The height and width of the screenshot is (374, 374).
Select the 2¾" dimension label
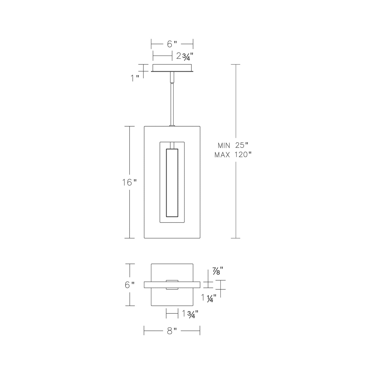tap(185, 56)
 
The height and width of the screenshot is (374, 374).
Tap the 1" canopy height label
tap(135, 78)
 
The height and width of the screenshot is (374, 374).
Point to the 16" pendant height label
tap(129, 182)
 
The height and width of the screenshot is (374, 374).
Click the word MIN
tap(224, 145)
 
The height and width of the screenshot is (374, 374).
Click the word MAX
tap(222, 155)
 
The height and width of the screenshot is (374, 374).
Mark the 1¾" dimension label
tap(190, 314)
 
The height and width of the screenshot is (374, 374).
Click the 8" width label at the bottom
tap(172, 331)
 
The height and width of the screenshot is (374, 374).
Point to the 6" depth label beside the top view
tap(130, 285)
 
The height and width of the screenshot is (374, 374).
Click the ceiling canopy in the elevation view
tap(172, 68)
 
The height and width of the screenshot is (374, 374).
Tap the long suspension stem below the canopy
tap(172, 104)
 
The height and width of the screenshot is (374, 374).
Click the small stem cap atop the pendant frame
tap(172, 126)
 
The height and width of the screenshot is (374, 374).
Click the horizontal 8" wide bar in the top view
tap(155, 285)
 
